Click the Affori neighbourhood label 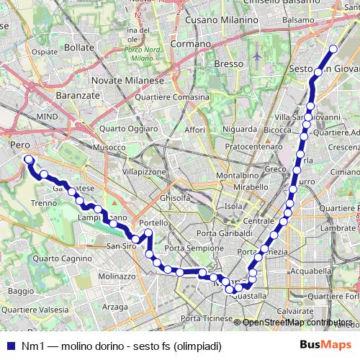(x=194, y=130)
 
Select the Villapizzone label (x=143, y=173)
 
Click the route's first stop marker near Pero (x=28, y=159)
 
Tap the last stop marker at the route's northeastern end (x=333, y=50)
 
